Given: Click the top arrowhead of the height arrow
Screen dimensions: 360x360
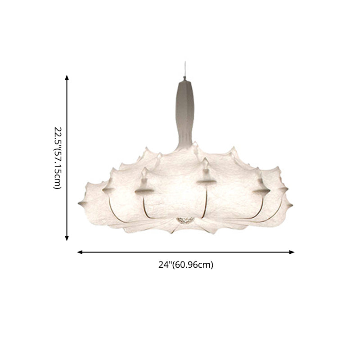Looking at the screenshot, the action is (x=67, y=77).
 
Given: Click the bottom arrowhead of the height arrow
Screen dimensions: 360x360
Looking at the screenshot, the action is (x=67, y=238).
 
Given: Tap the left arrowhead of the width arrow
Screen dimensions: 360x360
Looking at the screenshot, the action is (x=80, y=252).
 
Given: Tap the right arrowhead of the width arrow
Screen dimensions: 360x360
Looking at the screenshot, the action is (x=292, y=252).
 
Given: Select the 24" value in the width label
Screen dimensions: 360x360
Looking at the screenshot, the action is (x=165, y=265).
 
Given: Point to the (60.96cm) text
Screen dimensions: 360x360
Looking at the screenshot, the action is (x=193, y=265).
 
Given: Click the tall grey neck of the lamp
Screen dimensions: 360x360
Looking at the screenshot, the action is (x=184, y=112).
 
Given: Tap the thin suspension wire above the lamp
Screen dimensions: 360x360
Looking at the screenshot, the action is (x=185, y=68).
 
